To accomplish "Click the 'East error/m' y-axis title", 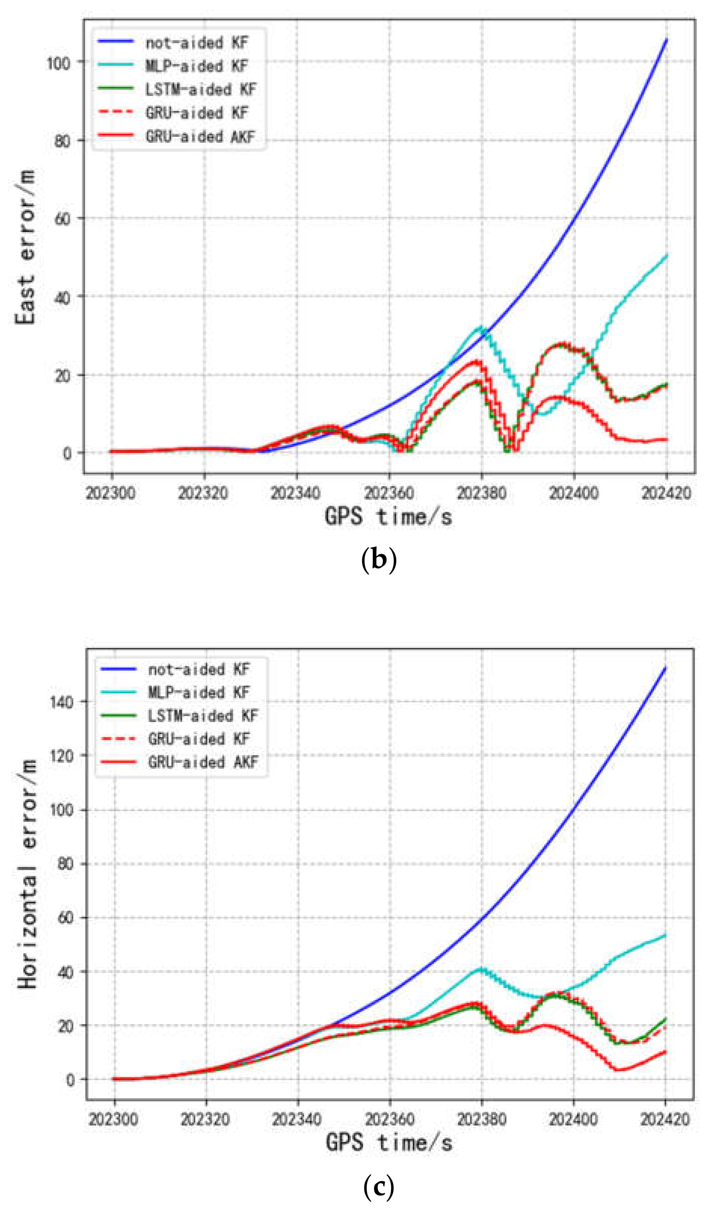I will (25, 247).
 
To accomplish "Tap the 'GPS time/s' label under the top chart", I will (388, 516).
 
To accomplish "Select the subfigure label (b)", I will (378, 560).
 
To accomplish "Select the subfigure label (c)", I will (378, 1187).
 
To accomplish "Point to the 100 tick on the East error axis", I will (59, 63).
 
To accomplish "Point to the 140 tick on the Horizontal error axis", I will (62, 702).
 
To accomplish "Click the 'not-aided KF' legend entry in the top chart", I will (196, 43).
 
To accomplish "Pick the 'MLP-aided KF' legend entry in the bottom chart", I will (199, 693).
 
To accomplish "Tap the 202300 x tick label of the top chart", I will (111, 493).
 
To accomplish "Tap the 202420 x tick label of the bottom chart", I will (664, 1120).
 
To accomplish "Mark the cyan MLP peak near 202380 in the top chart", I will (481, 328).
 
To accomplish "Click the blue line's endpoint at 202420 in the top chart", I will (666, 40).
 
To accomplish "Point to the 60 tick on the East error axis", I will (62, 219).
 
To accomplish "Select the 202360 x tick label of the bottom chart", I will (390, 1120).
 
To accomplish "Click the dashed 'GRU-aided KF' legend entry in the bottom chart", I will (199, 739).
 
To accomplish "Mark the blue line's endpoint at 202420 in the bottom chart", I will (665, 669).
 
